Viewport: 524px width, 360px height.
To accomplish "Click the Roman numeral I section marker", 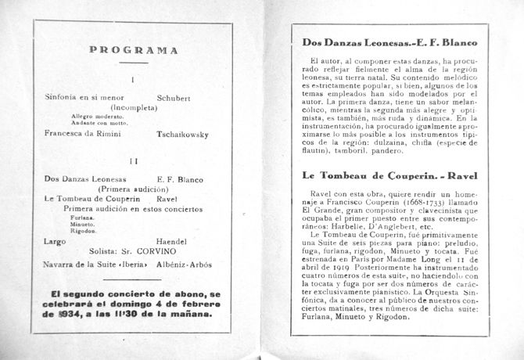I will pyautogui.click(x=134, y=79).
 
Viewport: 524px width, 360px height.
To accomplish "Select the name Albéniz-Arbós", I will pyautogui.click(x=185, y=265).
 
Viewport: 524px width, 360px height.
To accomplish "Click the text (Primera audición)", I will pyautogui.click(x=131, y=189).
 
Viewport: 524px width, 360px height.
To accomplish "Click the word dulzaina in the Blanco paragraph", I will pyautogui.click(x=425, y=142).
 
